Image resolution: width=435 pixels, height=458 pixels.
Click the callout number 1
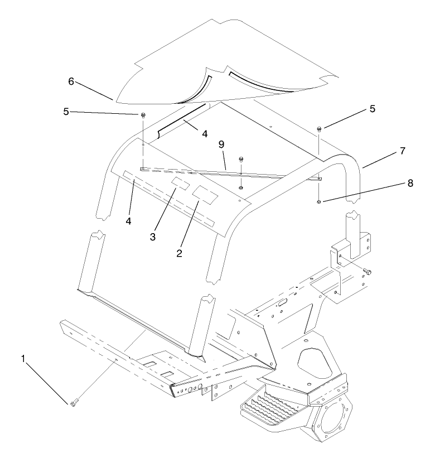pyautogui.click(x=23, y=359)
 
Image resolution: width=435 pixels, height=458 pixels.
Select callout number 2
pyautogui.click(x=180, y=253)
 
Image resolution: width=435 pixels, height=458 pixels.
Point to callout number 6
pyautogui.click(x=71, y=81)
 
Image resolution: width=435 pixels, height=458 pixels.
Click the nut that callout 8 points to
pyautogui.click(x=318, y=201)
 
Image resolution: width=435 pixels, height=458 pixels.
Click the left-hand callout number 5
pyautogui.click(x=66, y=111)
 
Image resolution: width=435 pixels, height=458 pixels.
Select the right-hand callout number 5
pyautogui.click(x=372, y=109)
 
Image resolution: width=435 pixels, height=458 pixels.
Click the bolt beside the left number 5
pyautogui.click(x=143, y=115)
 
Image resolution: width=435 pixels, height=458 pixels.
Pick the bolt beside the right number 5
pyautogui.click(x=319, y=129)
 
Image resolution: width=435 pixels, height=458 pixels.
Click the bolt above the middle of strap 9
pyautogui.click(x=241, y=160)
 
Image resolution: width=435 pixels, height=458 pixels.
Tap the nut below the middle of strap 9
pyautogui.click(x=240, y=187)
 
